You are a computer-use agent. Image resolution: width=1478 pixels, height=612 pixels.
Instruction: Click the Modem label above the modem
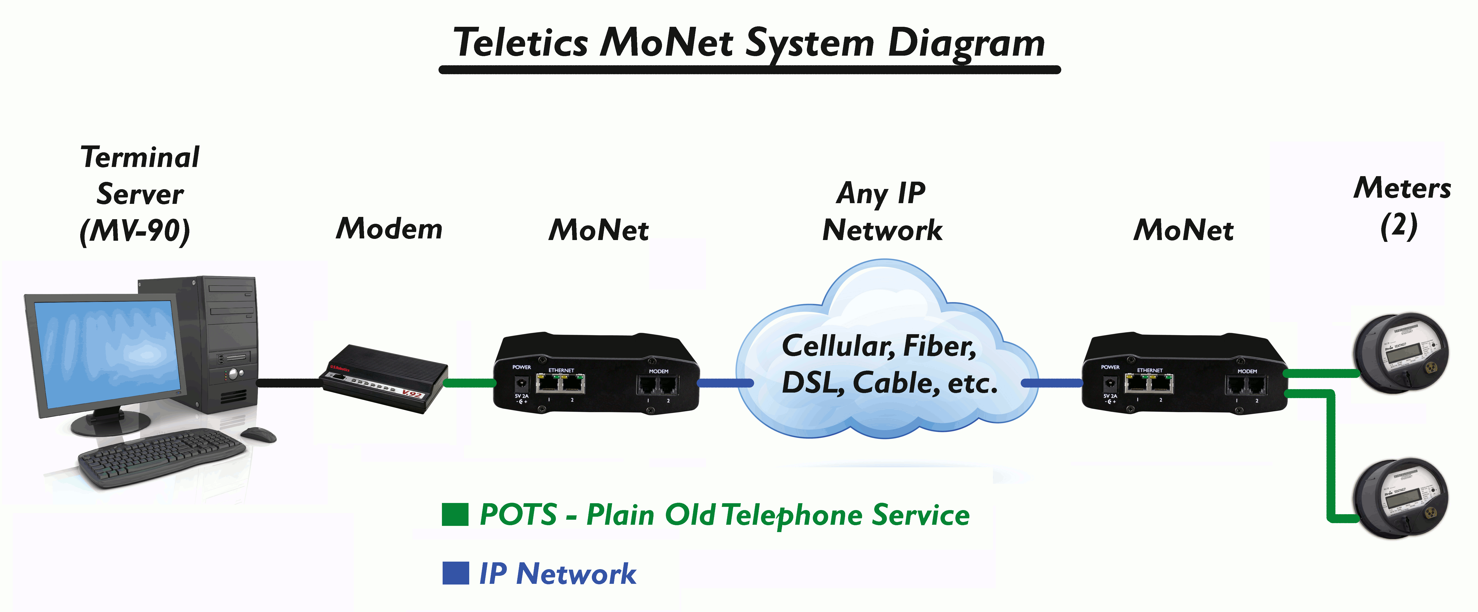389,228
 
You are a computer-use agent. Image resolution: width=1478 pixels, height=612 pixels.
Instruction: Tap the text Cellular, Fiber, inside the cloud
879,346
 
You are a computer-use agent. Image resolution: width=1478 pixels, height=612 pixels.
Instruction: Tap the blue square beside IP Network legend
455,573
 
